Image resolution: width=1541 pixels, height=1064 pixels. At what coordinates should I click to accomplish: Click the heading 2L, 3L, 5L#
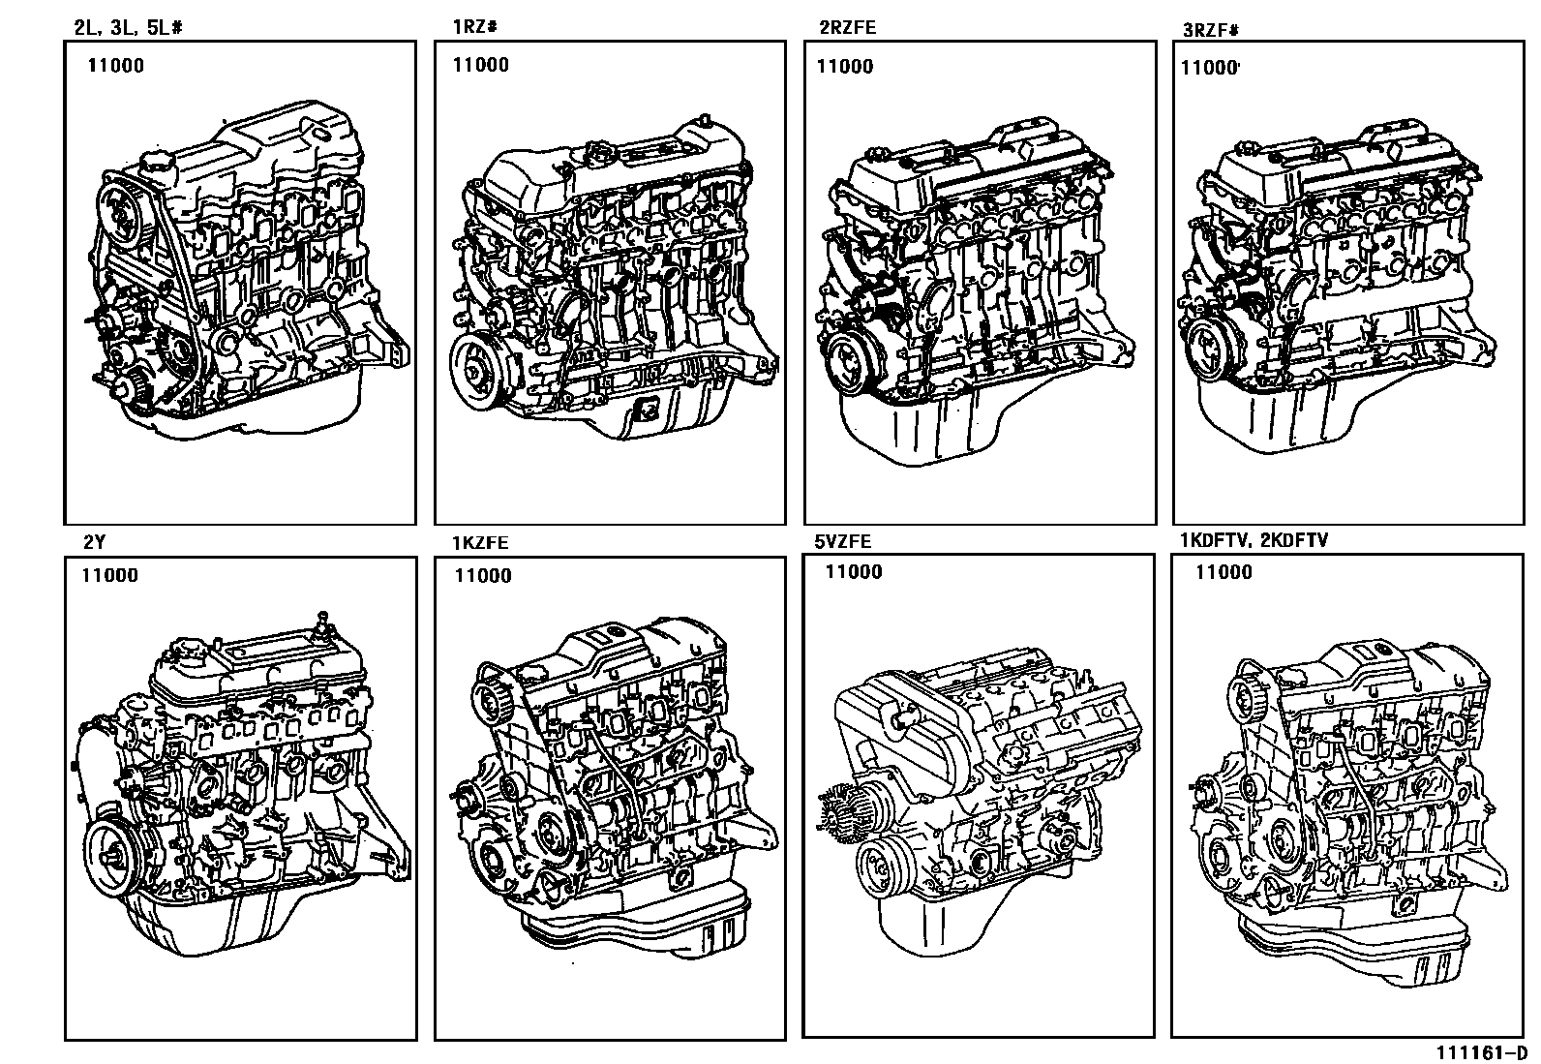point(128,28)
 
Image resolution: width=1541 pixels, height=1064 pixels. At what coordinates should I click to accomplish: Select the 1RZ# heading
point(474,27)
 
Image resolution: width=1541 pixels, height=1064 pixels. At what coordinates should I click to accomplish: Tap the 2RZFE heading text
point(848,27)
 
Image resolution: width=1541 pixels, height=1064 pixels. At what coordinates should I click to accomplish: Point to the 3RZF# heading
point(1211,30)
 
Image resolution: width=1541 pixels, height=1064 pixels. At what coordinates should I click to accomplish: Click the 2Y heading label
point(94,542)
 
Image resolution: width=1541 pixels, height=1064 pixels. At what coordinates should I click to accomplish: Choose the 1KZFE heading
point(480,543)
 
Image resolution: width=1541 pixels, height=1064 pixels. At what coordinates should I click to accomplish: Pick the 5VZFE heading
point(843,541)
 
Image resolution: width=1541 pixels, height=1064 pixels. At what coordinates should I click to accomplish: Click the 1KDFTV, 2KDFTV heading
point(1254,540)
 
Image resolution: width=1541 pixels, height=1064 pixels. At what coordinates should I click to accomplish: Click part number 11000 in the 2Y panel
point(110,575)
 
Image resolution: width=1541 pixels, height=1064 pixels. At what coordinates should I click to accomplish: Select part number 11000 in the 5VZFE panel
point(854,572)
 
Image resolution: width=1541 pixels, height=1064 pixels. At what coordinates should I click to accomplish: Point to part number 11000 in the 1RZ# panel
point(481,65)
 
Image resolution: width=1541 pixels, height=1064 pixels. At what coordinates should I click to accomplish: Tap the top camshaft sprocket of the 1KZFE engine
point(494,696)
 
